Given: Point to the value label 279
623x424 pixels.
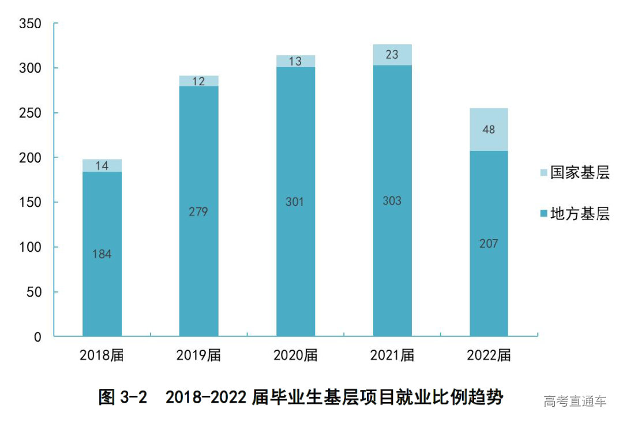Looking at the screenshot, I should tap(198, 211).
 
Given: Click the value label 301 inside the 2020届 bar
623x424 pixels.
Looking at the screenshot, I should tap(295, 202).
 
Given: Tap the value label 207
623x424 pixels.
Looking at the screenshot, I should tap(489, 243).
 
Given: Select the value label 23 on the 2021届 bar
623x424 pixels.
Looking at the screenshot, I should tap(392, 55).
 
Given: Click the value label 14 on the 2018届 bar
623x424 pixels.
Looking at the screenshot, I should tap(102, 166).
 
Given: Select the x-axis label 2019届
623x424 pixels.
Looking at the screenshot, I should tap(198, 355).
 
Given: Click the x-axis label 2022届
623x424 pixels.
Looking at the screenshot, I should tap(489, 355).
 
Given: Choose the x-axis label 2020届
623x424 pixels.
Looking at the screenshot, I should tap(295, 355).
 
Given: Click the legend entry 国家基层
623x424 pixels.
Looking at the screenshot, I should tap(579, 173).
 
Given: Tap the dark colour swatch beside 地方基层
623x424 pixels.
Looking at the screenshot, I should tap(543, 214).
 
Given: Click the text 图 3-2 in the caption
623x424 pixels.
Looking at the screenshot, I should tap(123, 397).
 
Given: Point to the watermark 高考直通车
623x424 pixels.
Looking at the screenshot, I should tap(575, 401).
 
